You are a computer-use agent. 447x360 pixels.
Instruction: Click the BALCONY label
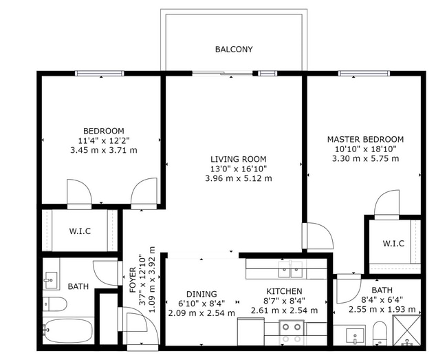(234, 50)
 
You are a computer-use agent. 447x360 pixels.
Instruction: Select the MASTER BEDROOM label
(365, 139)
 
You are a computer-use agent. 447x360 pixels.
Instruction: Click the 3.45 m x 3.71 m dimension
(104, 150)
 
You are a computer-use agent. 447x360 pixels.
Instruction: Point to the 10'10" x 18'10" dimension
(365, 149)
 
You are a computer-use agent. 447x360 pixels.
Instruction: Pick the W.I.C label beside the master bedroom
(393, 244)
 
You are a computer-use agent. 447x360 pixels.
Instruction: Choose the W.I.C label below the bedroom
(80, 231)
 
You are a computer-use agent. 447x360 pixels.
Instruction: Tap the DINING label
(201, 293)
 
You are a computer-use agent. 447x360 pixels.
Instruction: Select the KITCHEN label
(285, 291)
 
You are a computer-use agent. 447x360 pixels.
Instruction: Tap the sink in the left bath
(50, 279)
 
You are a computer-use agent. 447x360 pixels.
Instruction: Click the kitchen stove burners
(292, 334)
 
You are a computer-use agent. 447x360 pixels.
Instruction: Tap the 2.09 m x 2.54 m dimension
(201, 313)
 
